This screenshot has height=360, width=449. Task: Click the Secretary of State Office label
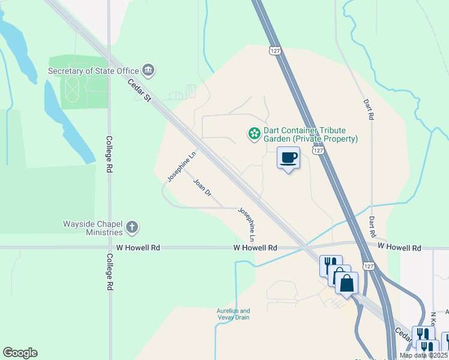pyautogui.click(x=93, y=71)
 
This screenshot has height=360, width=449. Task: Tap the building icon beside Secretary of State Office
pyautogui.click(x=149, y=71)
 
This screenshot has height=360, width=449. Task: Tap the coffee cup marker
pyautogui.click(x=289, y=158)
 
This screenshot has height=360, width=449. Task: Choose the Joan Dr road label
pyautogui.click(x=202, y=188)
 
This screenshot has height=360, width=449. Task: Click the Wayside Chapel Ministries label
pyautogui.click(x=92, y=228)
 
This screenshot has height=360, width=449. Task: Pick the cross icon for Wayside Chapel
pyautogui.click(x=132, y=228)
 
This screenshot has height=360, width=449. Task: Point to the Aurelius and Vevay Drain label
pyautogui.click(x=233, y=314)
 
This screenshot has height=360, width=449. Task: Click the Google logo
pyautogui.click(x=20, y=353)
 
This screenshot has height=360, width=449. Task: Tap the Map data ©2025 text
pyautogui.click(x=423, y=355)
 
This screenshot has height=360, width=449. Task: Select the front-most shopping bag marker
pyautogui.click(x=347, y=283)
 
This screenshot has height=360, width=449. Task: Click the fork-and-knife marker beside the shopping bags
pyautogui.click(x=329, y=265)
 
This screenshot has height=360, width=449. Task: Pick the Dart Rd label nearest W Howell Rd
pyautogui.click(x=372, y=226)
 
